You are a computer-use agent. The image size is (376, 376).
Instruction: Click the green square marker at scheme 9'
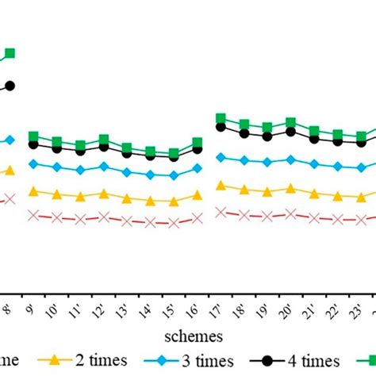tap(33, 136)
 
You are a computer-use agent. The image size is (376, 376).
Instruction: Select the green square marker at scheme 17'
tap(221, 118)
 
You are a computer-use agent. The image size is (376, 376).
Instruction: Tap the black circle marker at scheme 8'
tap(10, 86)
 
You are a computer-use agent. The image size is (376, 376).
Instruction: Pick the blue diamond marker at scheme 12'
tap(103, 167)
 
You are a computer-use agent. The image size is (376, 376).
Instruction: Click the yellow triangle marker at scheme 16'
tap(197, 194)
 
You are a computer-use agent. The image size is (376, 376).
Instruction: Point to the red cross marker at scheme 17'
tap(221, 211)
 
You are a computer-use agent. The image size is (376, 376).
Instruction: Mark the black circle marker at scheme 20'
tap(291, 132)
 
